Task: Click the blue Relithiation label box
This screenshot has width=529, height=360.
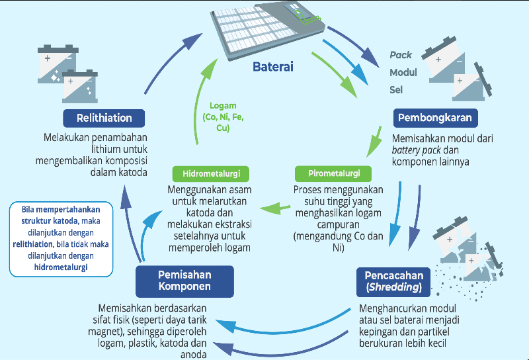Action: point(104,118)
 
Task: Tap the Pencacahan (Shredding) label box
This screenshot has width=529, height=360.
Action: point(394,281)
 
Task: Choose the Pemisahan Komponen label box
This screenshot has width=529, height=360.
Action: point(184,281)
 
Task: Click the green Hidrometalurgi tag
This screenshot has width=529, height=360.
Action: point(206,174)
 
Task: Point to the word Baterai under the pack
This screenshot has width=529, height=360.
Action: point(273,67)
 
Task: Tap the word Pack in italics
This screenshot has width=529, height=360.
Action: point(401,55)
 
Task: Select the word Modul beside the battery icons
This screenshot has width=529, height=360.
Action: point(403,72)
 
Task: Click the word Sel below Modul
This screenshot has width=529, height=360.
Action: point(395,89)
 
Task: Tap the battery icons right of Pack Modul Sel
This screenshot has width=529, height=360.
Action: point(457,70)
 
